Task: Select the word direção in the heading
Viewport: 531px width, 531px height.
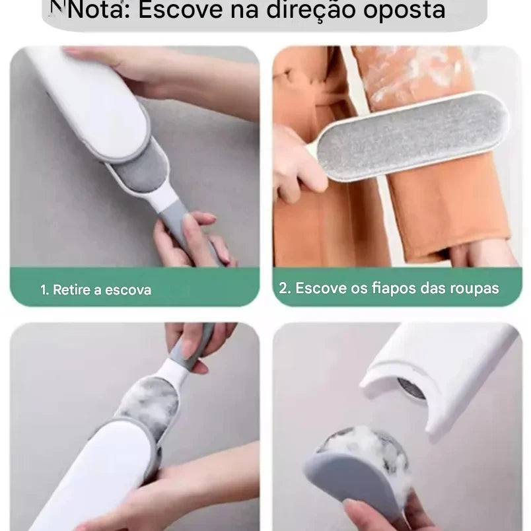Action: pos(310,11)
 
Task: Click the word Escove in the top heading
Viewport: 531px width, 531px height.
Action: pos(180,10)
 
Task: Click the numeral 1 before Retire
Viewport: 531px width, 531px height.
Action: pos(43,290)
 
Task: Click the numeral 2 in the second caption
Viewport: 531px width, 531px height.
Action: pos(283,288)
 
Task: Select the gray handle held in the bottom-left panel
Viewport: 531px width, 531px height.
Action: pos(192,345)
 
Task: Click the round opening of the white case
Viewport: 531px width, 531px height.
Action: pos(411,388)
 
